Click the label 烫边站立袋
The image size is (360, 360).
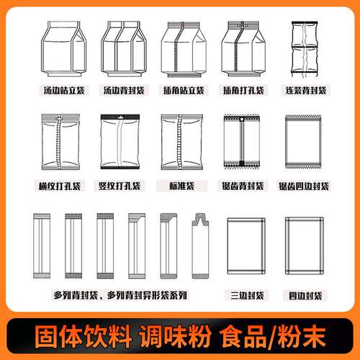pos(64,91)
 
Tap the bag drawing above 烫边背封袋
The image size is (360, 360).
pos(124,49)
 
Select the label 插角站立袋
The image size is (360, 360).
pos(184,91)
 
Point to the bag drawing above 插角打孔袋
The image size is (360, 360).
pos(243,49)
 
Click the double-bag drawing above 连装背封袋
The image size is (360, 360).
pos(305,49)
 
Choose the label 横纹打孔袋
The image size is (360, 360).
pos(60,186)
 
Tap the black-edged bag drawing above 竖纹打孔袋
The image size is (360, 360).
pos(120,142)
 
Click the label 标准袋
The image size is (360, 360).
pos(181,186)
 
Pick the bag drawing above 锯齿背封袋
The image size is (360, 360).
pos(242,142)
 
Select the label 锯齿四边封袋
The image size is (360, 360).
pos(304,186)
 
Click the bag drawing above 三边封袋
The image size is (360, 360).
pos(246,246)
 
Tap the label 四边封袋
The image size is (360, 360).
pos(305,295)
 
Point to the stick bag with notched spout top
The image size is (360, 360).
pos(200,246)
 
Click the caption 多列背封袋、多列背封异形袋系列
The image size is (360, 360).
pos(120,295)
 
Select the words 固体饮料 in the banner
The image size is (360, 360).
pos(83,336)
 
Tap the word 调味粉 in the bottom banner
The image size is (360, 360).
pos(176,336)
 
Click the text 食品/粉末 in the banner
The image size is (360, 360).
pos(274,336)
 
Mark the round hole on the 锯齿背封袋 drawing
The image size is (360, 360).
pos(242,120)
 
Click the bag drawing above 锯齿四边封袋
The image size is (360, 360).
pos(303,142)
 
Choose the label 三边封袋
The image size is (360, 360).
pos(247,295)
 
